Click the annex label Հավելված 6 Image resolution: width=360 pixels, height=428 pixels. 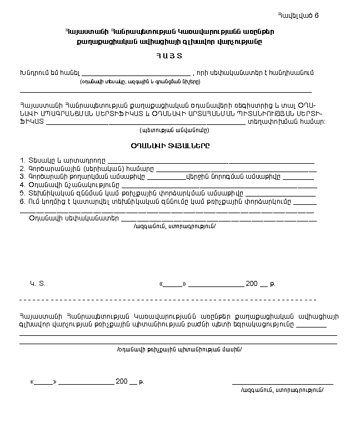[x=301, y=15]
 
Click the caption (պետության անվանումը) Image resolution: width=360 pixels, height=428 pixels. [x=174, y=130]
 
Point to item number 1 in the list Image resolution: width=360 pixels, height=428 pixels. [x=22, y=160]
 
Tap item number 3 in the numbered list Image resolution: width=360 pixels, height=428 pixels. [x=22, y=177]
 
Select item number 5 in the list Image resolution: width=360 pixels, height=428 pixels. [x=22, y=193]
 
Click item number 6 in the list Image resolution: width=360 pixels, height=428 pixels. [x=22, y=201]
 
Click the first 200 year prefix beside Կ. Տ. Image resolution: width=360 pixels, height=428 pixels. [x=251, y=284]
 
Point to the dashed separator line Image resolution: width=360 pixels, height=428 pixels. [x=167, y=299]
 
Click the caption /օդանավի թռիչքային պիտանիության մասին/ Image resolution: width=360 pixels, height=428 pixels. [x=179, y=350]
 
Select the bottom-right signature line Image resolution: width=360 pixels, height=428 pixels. [x=282, y=383]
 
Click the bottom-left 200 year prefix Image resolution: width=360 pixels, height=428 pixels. [x=121, y=381]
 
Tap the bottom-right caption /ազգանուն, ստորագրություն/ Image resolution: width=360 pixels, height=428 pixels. [x=282, y=390]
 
